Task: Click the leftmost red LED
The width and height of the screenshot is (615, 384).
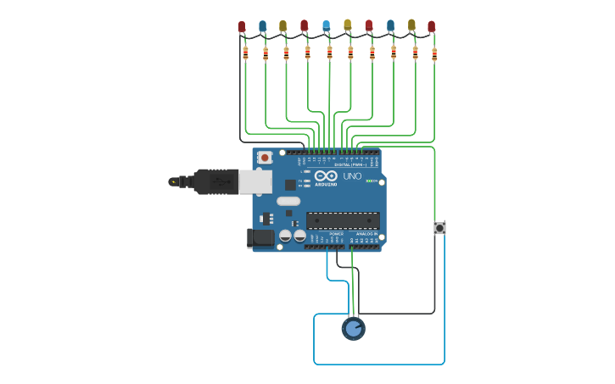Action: pos(242,27)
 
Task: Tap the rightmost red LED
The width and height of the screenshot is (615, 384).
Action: pos(432,27)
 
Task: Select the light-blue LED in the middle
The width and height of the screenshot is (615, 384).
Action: pos(327,26)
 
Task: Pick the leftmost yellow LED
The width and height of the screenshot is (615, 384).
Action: pos(283,27)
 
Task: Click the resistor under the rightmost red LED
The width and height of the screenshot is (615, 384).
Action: pos(434,54)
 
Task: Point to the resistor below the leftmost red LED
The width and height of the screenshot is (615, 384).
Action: pos(245,53)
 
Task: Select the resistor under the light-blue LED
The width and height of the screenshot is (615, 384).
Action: pos(330,53)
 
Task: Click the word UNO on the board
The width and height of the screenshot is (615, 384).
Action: pos(352,177)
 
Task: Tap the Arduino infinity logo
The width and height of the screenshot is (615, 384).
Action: pos(325,176)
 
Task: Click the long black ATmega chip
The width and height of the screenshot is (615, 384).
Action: pos(343,220)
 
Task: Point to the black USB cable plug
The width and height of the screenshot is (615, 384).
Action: pos(215,181)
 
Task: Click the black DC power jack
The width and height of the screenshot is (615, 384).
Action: pos(261,238)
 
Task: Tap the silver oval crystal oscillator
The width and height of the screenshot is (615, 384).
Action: pos(288,202)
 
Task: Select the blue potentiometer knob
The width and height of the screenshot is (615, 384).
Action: pos(354,328)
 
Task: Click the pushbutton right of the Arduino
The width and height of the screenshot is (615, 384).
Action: pos(439,228)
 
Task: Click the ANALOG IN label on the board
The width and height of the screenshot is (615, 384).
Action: pos(366,233)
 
